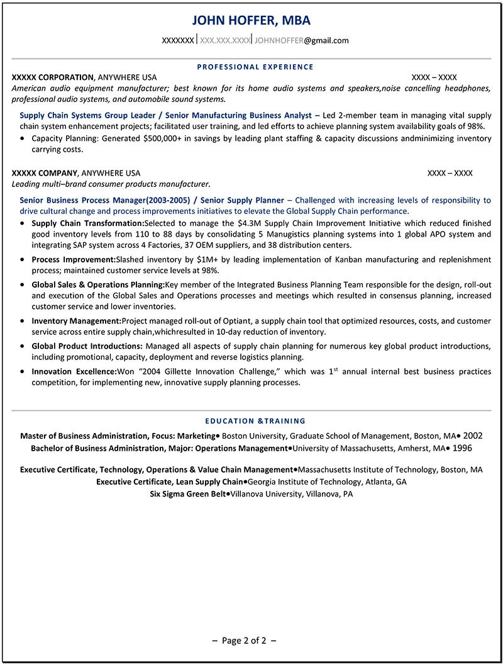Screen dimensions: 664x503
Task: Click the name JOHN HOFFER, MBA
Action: click(x=251, y=20)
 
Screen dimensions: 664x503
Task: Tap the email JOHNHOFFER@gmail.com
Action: click(x=301, y=40)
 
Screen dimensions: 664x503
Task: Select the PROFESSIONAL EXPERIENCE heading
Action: click(x=255, y=67)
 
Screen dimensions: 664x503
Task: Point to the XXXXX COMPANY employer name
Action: click(x=45, y=173)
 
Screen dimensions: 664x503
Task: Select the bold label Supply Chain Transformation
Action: click(x=87, y=223)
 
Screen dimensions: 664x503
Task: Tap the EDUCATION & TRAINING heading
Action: click(x=255, y=421)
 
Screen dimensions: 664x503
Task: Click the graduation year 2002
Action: click(x=472, y=436)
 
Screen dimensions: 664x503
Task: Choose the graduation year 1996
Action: click(x=462, y=448)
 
